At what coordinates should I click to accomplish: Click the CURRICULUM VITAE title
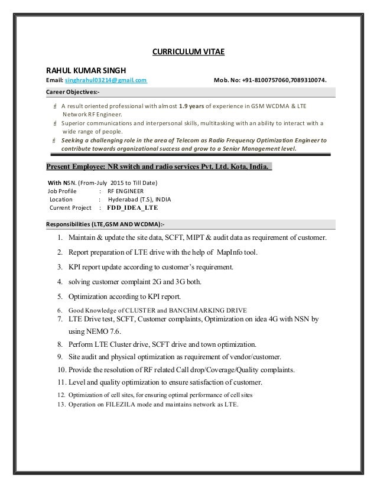(x=188, y=51)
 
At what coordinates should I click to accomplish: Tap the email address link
(x=106, y=81)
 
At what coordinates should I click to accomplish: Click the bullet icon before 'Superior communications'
(x=54, y=124)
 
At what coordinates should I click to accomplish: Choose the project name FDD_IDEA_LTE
(x=132, y=208)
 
